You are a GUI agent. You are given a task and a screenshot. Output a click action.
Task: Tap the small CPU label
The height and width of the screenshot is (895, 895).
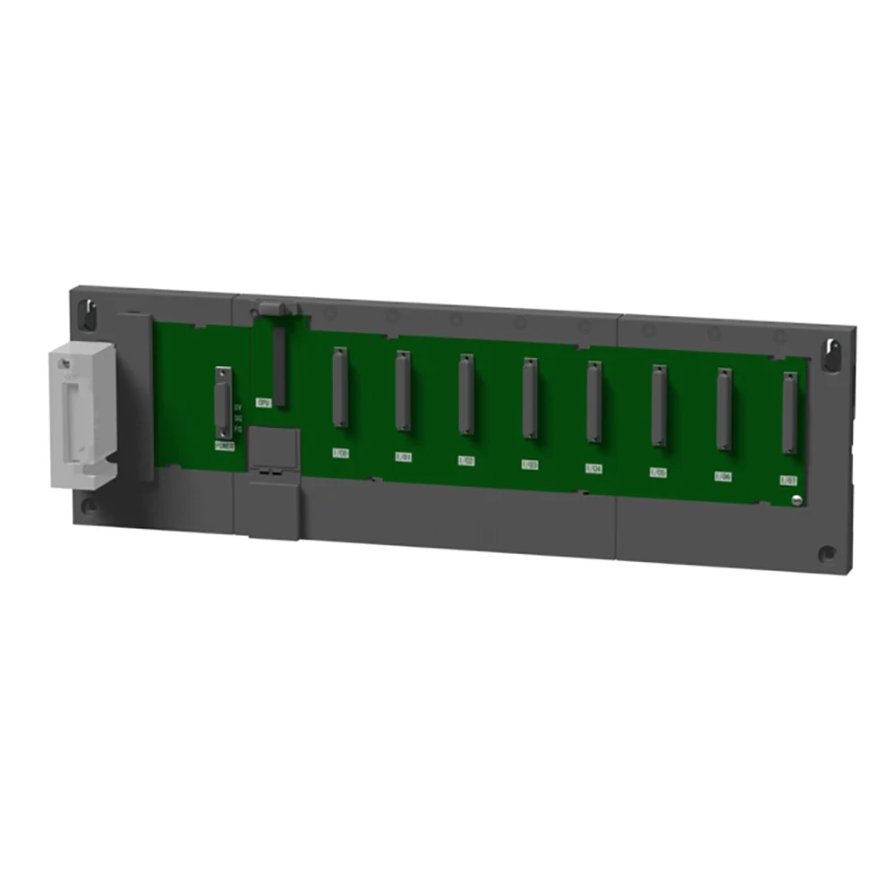pyautogui.click(x=263, y=403)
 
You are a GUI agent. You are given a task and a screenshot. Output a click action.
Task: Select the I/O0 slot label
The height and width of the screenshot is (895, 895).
pyautogui.click(x=340, y=453)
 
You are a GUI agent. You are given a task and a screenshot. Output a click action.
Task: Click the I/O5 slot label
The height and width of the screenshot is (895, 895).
pyautogui.click(x=659, y=472)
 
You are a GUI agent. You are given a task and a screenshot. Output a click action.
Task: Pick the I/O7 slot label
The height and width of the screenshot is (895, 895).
pyautogui.click(x=788, y=480)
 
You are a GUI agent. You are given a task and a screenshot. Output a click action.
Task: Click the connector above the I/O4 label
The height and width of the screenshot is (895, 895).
pyautogui.click(x=593, y=403)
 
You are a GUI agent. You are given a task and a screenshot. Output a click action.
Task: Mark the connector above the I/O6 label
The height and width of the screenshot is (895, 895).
pyautogui.click(x=724, y=410)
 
